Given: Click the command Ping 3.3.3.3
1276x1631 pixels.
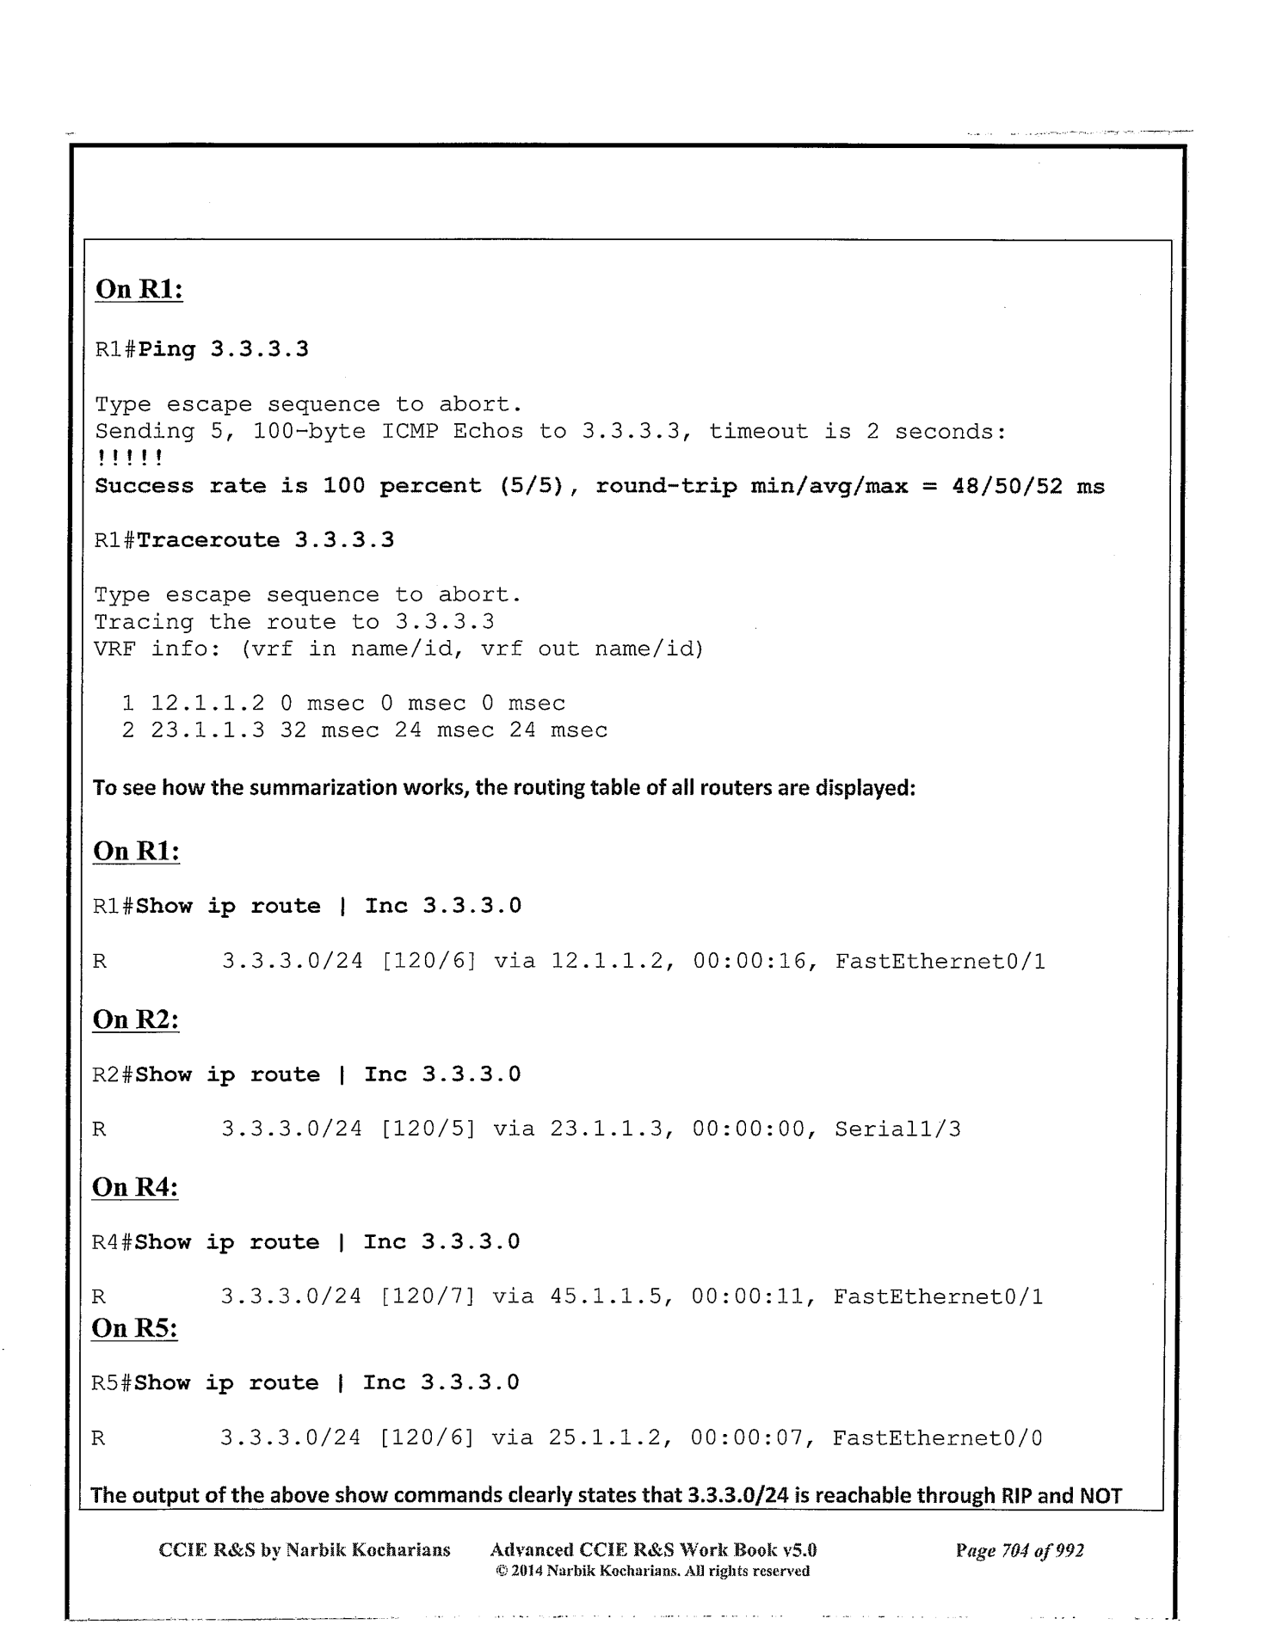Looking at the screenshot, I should coord(224,350).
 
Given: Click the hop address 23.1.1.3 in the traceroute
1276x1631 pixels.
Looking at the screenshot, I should coord(207,730).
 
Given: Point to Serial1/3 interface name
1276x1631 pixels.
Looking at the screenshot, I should coord(897,1129).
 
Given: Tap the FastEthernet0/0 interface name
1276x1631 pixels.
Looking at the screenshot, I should coord(937,1437).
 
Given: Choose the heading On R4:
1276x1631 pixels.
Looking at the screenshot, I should coord(135,1187).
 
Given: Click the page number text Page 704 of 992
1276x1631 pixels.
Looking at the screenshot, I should coord(1019,1550).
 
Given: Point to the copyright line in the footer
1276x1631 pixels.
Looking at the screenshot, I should coord(653,1571).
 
